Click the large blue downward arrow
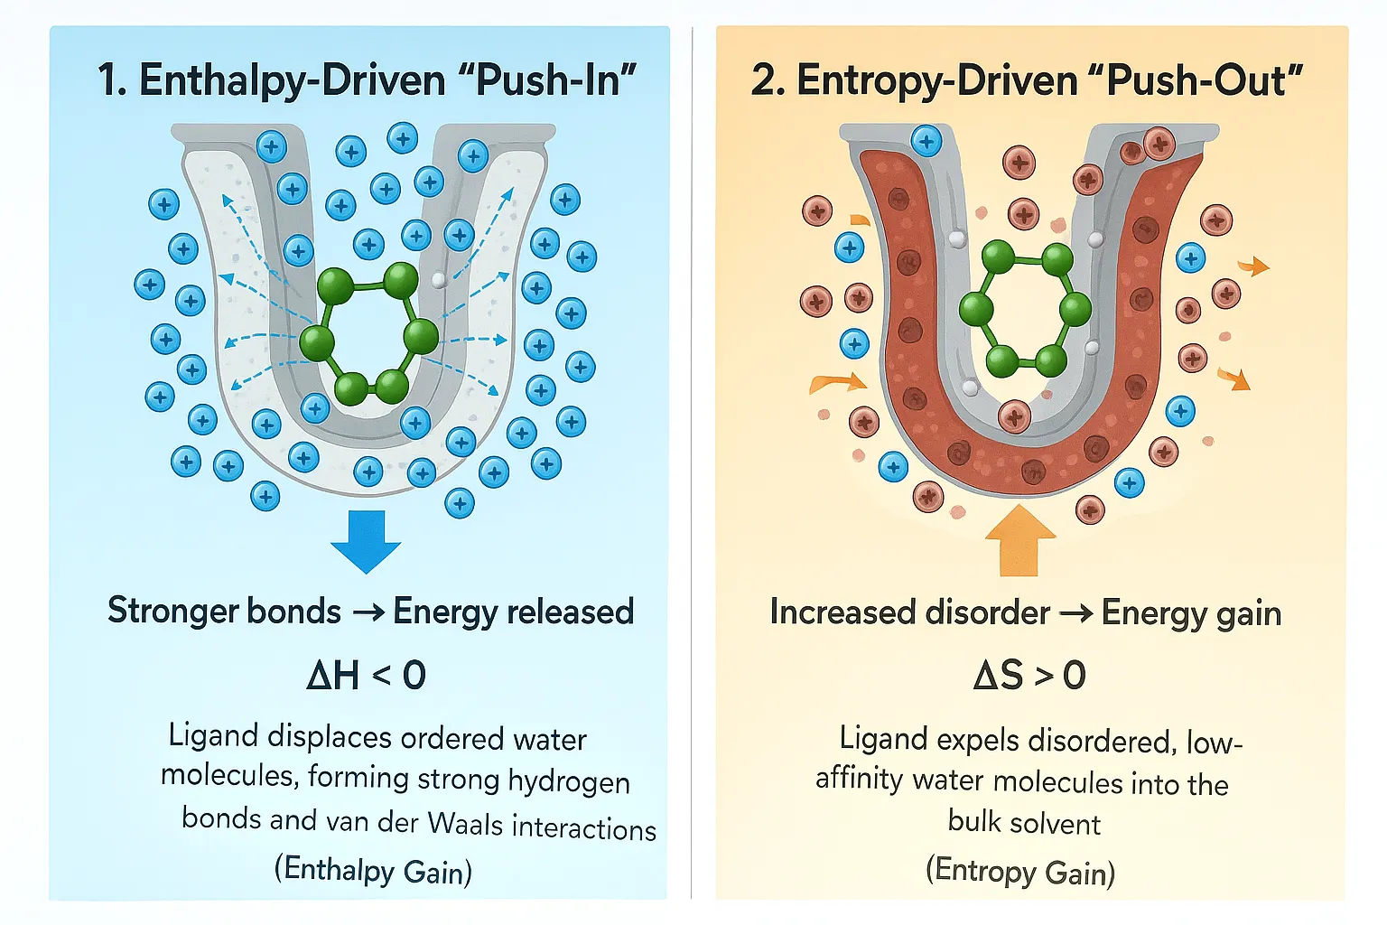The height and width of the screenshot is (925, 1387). (x=366, y=540)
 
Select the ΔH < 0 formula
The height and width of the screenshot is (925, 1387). (x=366, y=675)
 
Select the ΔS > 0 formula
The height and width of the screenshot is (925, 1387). (x=1029, y=675)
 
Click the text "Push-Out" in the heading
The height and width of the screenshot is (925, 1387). (x=1205, y=80)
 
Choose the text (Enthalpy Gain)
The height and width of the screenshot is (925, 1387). (x=373, y=870)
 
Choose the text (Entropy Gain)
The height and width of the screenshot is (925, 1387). (x=1020, y=871)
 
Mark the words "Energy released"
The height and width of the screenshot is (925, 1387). (x=513, y=612)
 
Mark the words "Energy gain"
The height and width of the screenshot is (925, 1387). (x=1191, y=612)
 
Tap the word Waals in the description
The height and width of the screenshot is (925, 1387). (x=465, y=824)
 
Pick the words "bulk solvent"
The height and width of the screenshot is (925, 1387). (x=1024, y=823)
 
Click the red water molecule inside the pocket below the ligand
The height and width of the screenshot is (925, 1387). (x=1014, y=416)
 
